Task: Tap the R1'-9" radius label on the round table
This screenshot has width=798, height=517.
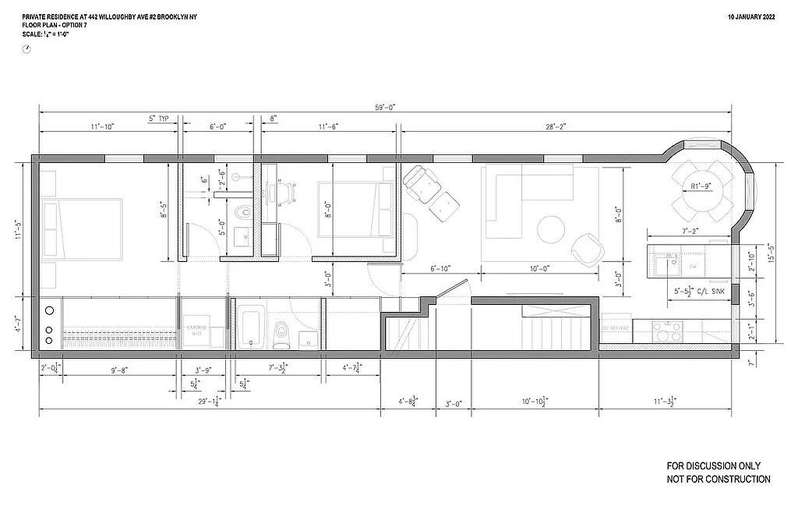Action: click(704, 186)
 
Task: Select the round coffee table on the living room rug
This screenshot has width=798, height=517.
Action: click(551, 229)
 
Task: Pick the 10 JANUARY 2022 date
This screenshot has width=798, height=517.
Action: click(750, 16)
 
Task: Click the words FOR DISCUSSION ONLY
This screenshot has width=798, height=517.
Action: click(714, 466)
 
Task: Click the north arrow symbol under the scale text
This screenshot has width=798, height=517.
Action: click(27, 48)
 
